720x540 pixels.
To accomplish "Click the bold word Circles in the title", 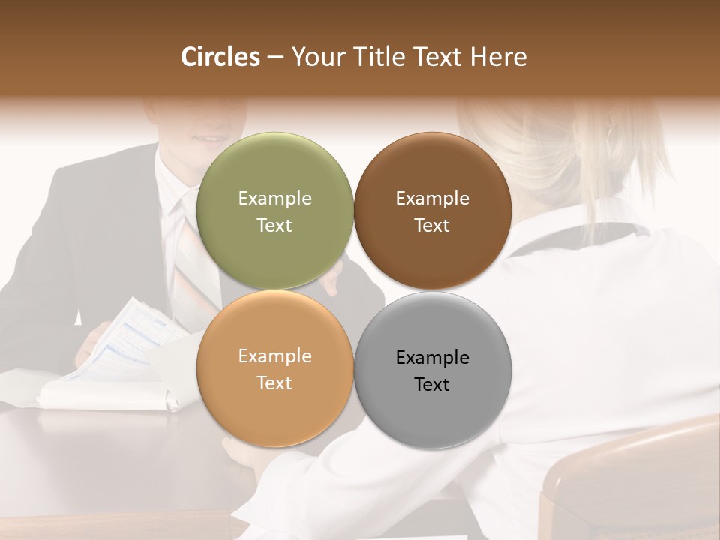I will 220,57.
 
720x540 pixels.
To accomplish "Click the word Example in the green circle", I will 274,199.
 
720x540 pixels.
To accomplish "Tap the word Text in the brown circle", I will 432,226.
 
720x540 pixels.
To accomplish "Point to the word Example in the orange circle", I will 274,356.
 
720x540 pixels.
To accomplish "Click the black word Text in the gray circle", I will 432,385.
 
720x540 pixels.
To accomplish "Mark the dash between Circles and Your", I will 275,58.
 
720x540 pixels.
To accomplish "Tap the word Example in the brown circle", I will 432,199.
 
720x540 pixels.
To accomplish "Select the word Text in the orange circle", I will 274,383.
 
